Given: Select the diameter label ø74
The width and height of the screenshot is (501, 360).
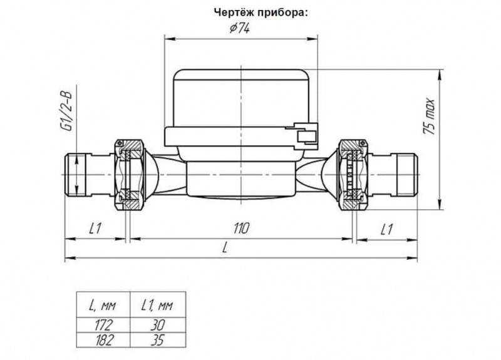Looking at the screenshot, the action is [240, 28].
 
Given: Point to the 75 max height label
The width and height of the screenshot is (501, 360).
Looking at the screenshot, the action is [429, 116].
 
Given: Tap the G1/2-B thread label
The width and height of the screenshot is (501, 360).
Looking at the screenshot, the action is [67, 111].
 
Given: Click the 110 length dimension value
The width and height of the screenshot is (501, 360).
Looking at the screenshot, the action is [241, 229].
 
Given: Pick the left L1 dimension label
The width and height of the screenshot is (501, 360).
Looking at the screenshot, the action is [95, 229].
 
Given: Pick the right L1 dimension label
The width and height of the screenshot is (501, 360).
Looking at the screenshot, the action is [386, 229].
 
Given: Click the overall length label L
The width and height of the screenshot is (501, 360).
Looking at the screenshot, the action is [225, 249].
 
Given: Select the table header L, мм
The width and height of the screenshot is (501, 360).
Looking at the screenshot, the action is [103, 306].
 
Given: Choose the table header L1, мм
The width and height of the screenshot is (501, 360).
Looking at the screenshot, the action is [157, 306].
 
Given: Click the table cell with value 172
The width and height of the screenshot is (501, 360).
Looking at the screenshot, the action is [104, 325].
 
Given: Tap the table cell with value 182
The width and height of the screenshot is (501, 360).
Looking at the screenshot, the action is [105, 340].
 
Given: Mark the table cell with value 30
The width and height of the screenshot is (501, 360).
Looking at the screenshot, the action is [158, 325].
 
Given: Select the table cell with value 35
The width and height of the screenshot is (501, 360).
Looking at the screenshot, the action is [158, 340].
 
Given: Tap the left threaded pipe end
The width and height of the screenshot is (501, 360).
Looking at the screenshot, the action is [75, 175].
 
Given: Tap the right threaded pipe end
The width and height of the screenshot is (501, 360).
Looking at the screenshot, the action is [407, 175].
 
